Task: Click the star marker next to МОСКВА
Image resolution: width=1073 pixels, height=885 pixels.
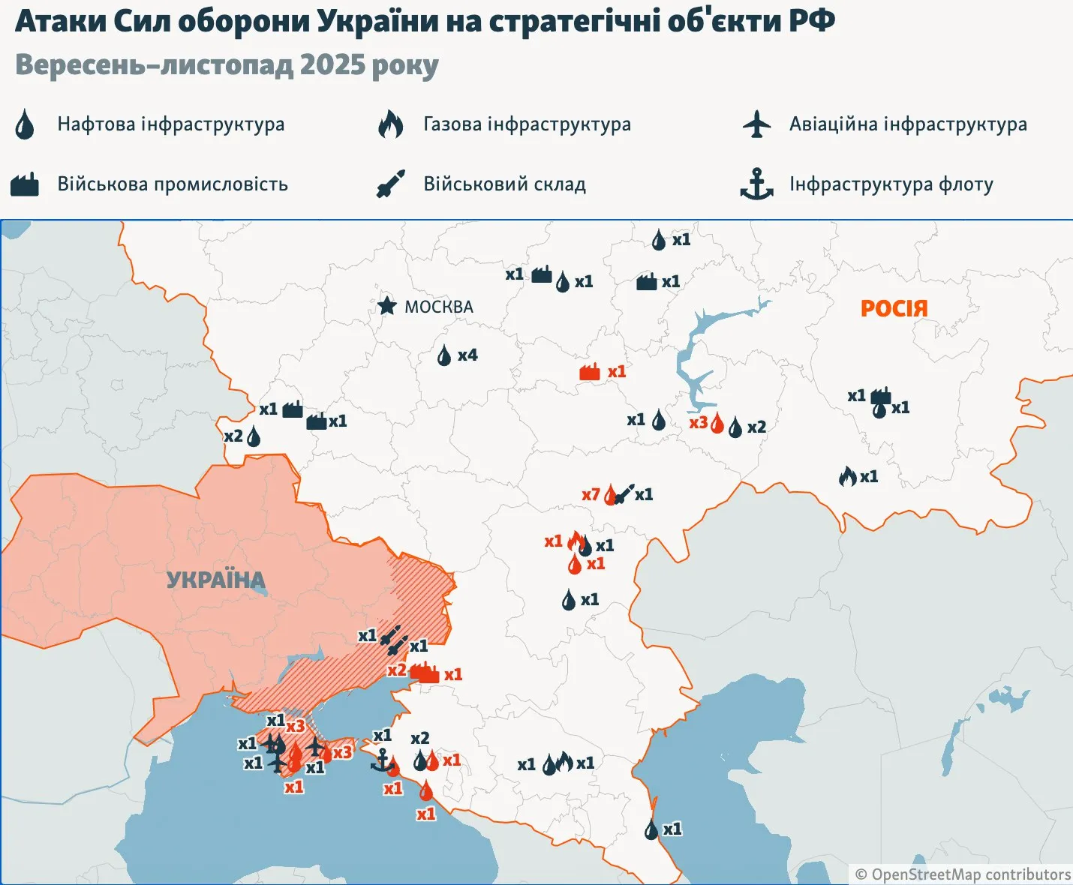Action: [x=386, y=305]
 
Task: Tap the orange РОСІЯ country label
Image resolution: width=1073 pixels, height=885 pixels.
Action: [x=894, y=308]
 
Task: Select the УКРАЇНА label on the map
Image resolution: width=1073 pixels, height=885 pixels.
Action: [x=215, y=580]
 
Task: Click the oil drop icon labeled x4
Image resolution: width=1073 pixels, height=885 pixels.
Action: [x=444, y=355]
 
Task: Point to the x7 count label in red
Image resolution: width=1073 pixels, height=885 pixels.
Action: [x=591, y=495]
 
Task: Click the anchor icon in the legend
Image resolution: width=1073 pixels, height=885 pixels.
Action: [x=756, y=184]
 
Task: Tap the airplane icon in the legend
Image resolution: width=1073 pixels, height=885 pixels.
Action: [x=756, y=124]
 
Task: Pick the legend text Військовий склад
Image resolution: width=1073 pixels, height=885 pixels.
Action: [x=504, y=184]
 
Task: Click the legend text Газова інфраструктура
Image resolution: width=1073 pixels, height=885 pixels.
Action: [x=527, y=124]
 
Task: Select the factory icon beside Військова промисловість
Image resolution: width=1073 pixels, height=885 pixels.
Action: [x=25, y=184]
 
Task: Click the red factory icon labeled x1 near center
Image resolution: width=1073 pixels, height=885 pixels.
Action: [x=590, y=372]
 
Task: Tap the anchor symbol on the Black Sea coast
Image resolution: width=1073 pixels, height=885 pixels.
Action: [x=381, y=760]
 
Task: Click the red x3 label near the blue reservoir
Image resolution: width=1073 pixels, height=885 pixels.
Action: [x=698, y=423]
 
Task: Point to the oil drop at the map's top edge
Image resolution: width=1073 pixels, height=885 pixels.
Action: [x=658, y=240]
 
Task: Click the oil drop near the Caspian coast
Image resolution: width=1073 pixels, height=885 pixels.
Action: [x=651, y=829]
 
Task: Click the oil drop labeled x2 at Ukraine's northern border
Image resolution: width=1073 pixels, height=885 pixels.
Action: [x=254, y=436]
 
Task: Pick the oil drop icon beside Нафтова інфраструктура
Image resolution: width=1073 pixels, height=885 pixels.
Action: [x=25, y=124]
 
